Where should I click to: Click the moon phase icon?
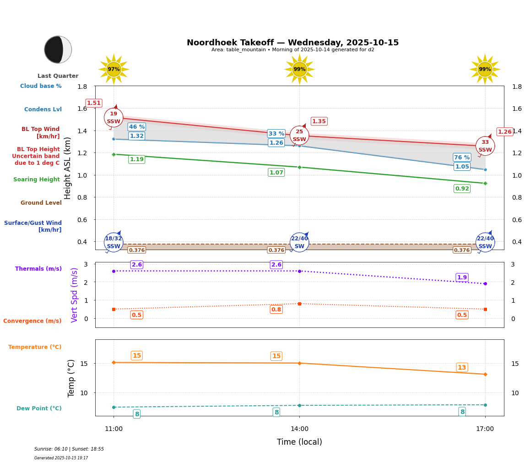58,49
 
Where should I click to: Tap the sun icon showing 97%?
114,69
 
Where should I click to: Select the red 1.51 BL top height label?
94,103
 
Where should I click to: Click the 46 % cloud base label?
137,127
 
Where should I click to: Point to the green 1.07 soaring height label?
276,173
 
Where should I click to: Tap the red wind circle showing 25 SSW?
299,136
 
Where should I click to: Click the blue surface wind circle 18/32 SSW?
114,242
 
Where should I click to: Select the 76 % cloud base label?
462,158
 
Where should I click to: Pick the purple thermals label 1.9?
462,278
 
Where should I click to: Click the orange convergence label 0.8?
276,310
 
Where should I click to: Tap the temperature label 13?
462,367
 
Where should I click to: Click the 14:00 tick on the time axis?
299,429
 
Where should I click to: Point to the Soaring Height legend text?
37,180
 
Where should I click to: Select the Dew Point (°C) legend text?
39,409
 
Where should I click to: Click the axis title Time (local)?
299,442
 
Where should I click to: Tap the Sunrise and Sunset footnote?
69,449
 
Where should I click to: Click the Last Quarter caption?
58,76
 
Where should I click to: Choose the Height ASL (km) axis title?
68,168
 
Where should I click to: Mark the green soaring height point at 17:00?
485,183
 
